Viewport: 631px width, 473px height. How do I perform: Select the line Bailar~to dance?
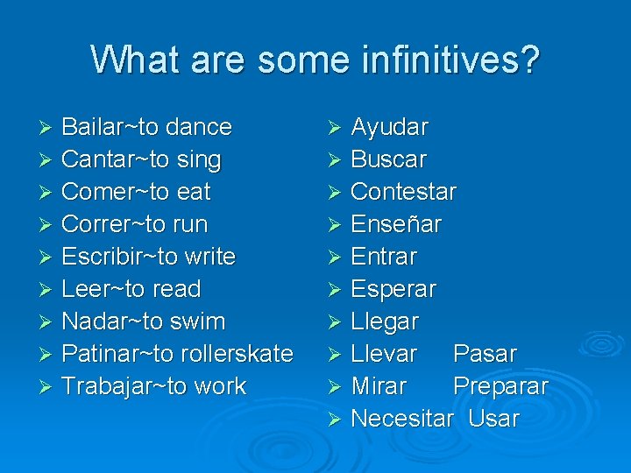tap(146, 127)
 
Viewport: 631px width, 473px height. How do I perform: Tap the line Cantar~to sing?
tap(141, 159)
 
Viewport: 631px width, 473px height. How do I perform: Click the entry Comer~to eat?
tap(136, 192)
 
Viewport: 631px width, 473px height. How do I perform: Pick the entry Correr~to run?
tap(134, 224)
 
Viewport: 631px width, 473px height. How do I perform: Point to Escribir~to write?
tap(148, 257)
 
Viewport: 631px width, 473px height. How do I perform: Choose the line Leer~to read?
tap(131, 289)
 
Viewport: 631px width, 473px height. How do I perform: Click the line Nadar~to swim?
tap(143, 321)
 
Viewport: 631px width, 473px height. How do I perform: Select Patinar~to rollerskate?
tap(177, 354)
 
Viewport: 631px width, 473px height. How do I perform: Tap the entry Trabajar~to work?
tap(153, 386)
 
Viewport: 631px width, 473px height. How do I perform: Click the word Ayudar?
tap(389, 128)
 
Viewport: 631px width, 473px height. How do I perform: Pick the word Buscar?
tap(388, 160)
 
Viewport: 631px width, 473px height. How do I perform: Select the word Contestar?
tap(403, 192)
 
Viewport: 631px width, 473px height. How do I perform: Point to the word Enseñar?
tap(396, 224)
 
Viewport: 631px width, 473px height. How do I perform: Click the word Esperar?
tap(393, 289)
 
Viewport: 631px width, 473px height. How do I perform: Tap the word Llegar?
tap(385, 321)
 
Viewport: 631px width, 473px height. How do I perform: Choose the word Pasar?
tap(485, 354)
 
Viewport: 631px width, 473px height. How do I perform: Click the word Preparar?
tap(500, 386)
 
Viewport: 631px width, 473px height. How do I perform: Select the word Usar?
tap(493, 419)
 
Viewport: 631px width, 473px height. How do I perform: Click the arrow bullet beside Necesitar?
tap(333, 420)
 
